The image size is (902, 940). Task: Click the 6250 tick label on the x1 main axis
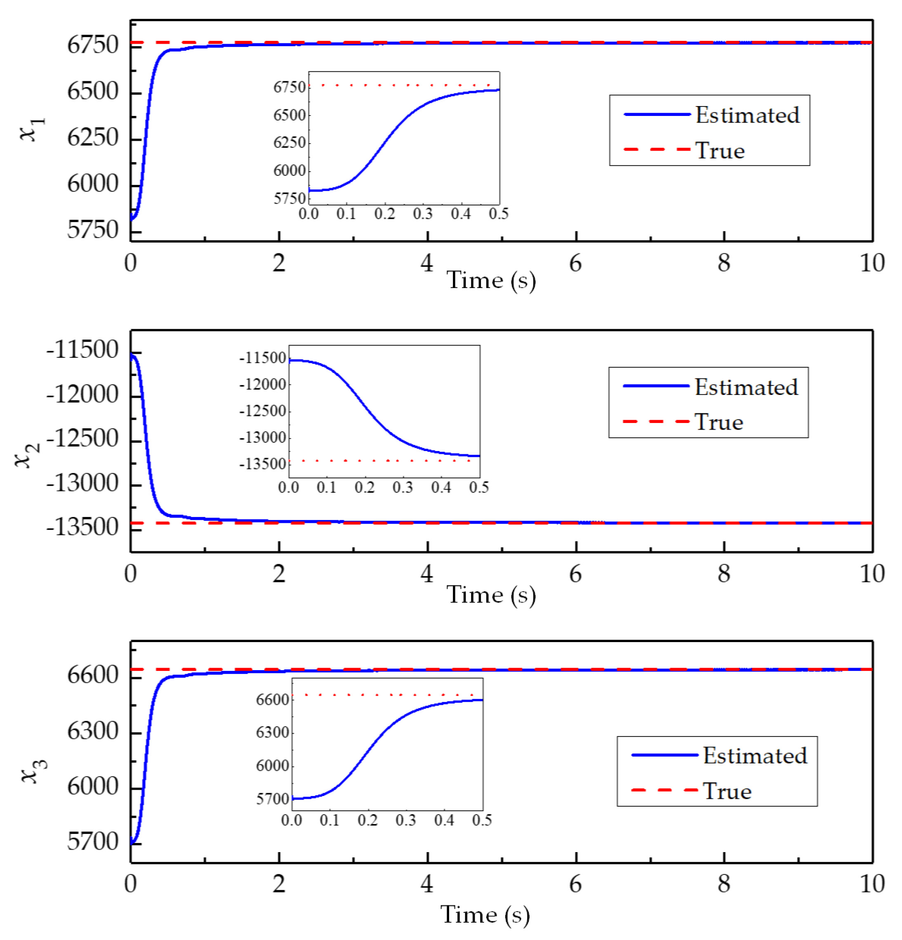click(92, 138)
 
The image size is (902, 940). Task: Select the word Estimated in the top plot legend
click(747, 115)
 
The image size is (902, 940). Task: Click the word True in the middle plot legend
click(719, 422)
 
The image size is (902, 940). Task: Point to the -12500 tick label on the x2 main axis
click(82, 438)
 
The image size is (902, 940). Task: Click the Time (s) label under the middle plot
click(491, 595)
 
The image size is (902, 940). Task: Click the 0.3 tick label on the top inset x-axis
click(422, 214)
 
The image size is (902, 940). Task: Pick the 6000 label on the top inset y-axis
click(290, 171)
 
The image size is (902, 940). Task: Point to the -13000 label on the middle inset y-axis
click(263, 437)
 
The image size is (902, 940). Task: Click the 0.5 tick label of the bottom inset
click(482, 820)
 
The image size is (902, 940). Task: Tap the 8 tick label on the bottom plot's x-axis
click(724, 883)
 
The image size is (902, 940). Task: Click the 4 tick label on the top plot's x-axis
click(426, 263)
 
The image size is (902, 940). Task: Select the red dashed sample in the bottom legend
click(664, 790)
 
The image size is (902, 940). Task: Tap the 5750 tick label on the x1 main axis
click(92, 230)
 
